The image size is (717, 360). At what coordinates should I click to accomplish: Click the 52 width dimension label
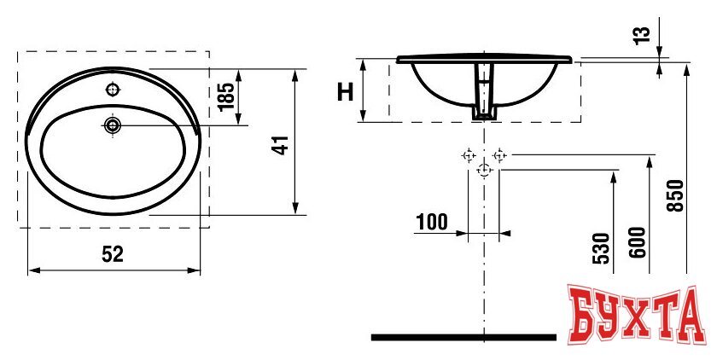pos(113,254)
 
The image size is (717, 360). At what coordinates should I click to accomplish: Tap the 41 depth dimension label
pos(281,145)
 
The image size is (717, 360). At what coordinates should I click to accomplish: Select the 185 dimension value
pos(226,96)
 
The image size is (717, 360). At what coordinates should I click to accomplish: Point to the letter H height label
pos(345,92)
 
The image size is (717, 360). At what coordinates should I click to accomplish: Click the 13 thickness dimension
pos(642,35)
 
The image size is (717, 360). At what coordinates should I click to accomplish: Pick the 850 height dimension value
pos(675,195)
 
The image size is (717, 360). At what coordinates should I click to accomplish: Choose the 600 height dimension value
pos(638,242)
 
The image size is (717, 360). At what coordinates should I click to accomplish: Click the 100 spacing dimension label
pos(432,223)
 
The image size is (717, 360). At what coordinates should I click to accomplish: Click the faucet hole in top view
pos(113,90)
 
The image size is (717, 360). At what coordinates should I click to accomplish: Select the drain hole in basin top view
pos(112,125)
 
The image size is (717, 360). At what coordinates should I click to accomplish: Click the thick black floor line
pos(463,338)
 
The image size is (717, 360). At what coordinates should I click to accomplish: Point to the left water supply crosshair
pos(469,156)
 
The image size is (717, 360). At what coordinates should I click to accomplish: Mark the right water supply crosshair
pos(499,155)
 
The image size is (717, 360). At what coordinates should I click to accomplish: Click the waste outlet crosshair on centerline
pos(484,170)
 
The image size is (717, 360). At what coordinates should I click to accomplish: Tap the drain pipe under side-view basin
pos(484,91)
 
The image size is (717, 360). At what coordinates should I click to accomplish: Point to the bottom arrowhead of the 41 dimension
pos(295,208)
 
